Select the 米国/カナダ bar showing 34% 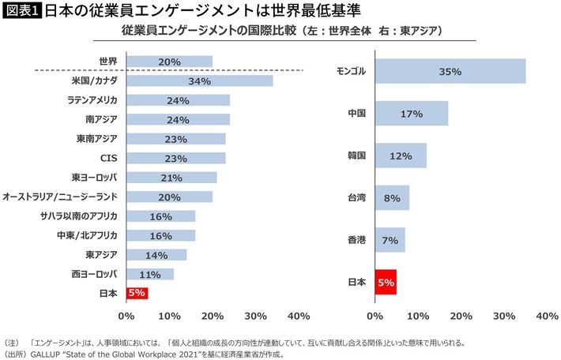tap(199, 81)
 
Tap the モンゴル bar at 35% tap(450, 71)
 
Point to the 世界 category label tap(107, 62)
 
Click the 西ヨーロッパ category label tap(94, 274)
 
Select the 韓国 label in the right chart tap(356, 156)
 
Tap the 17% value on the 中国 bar tap(412, 114)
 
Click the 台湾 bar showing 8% tap(392, 198)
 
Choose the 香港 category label tap(356, 240)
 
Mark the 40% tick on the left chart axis tap(299, 316)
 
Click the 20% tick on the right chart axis tap(461, 316)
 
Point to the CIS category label tap(108, 158)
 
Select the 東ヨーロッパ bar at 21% tap(171, 177)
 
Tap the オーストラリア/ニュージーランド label tap(60, 197)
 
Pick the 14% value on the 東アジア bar tap(156, 254)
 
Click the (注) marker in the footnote tap(11, 343)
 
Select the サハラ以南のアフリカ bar tap(160, 216)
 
